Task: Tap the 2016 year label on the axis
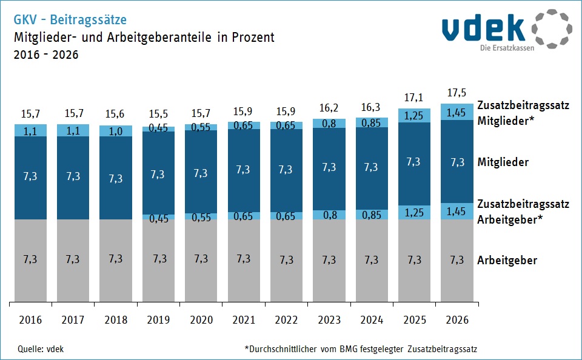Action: point(30,319)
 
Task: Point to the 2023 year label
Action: point(329,319)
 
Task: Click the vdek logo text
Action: point(483,28)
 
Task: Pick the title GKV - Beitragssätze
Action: point(70,20)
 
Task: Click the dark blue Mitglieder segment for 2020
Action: point(201,173)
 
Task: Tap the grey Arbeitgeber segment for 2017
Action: point(72,259)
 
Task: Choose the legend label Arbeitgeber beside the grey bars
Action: point(507,261)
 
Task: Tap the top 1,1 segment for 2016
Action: point(30,130)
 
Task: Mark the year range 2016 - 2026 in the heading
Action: point(45,55)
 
